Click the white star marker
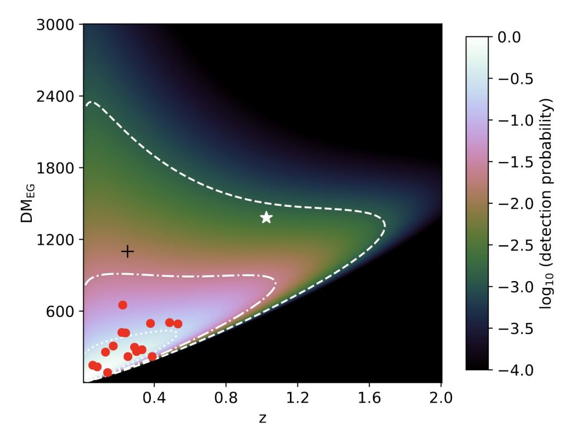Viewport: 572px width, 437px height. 266,217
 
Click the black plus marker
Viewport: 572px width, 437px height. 127,251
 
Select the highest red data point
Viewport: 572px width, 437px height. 123,305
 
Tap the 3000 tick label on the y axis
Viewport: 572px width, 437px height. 61,25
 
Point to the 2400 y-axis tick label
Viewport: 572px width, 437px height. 61,96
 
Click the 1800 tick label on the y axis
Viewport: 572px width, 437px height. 61,168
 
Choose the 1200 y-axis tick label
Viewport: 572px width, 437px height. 61,240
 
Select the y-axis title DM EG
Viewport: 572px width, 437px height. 26,203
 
